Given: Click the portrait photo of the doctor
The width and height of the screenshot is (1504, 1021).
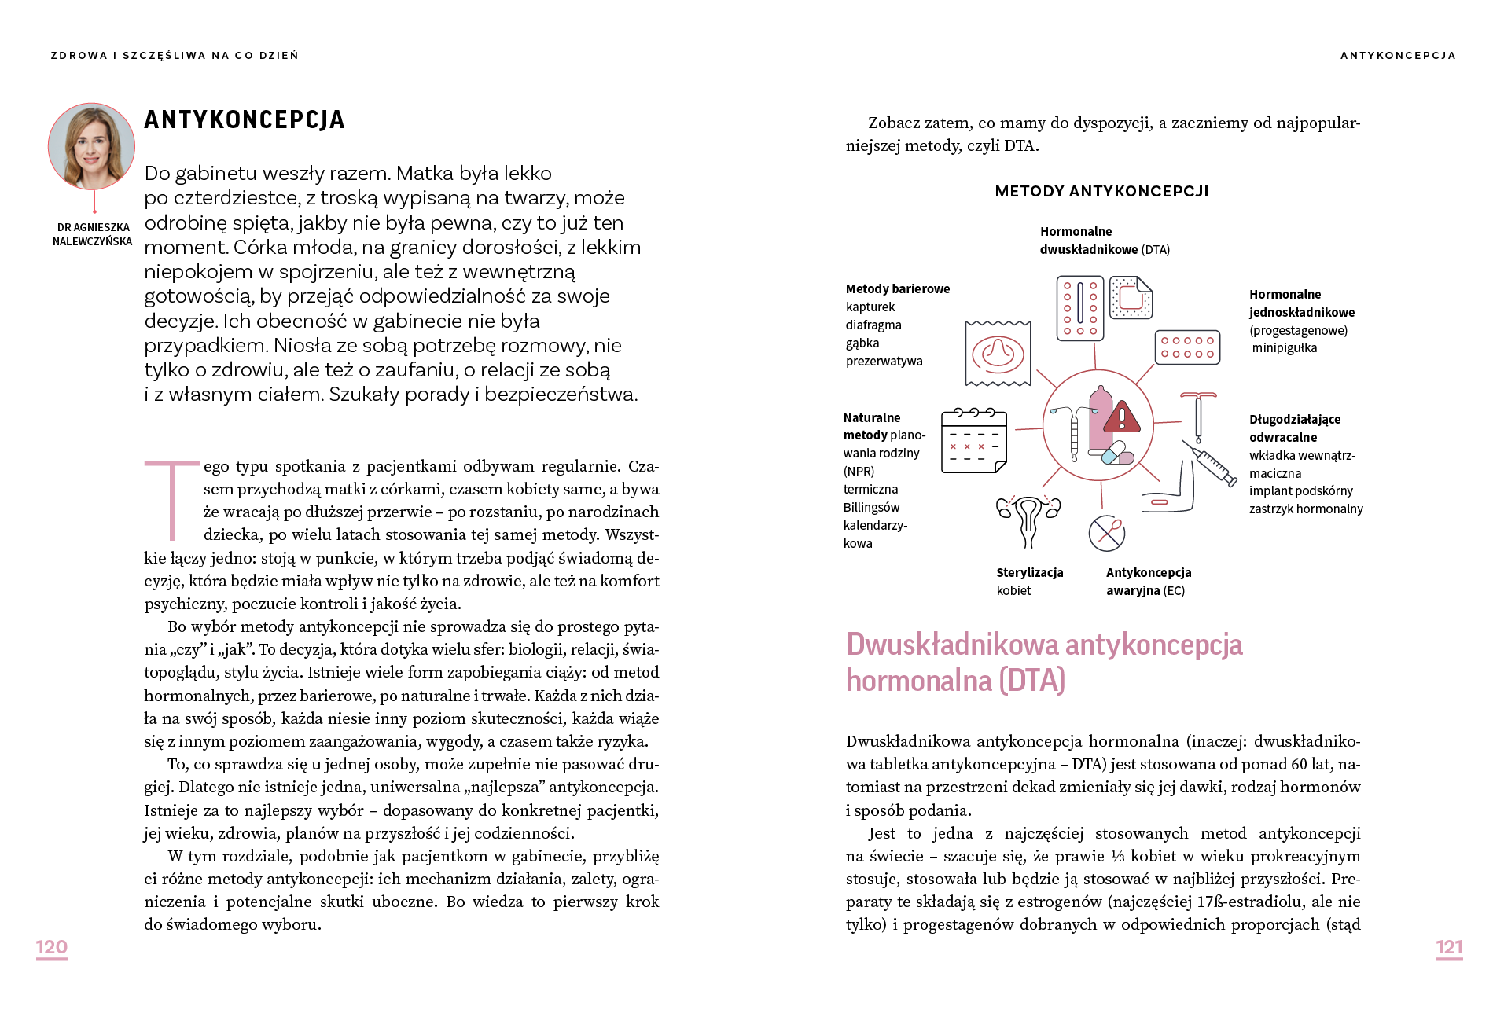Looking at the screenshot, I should [91, 146].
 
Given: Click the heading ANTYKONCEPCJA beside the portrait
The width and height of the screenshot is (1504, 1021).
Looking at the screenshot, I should [245, 119].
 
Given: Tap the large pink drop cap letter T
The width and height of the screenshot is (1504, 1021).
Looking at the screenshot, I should [171, 500].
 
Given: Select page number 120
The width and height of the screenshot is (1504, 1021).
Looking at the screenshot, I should [52, 947].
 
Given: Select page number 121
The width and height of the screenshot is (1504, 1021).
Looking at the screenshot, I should [1449, 947].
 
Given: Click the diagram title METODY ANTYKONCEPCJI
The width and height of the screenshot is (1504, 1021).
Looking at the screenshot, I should [1101, 191].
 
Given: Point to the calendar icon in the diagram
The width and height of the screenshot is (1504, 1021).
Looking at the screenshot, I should [974, 440].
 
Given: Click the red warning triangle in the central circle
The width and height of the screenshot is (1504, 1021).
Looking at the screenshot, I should [1122, 417].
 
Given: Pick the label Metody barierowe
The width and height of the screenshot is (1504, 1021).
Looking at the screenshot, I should [898, 289].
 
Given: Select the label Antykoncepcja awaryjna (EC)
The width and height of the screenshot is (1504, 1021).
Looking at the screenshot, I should [1148, 582].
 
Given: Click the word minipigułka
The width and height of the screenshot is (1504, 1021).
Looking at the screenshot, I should [1285, 348].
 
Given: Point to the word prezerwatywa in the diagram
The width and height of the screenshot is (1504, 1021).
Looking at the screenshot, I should [884, 362].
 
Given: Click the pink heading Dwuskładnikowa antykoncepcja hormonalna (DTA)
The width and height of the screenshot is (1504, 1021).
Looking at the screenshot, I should [1044, 662].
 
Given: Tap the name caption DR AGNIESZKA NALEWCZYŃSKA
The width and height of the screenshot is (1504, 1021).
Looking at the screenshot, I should [93, 234].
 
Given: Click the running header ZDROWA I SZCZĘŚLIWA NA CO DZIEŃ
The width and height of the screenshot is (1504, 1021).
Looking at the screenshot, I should [175, 56].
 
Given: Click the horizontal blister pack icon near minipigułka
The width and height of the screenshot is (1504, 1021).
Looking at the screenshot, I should [1187, 347].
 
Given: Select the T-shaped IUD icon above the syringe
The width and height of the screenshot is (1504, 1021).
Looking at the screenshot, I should [1198, 417].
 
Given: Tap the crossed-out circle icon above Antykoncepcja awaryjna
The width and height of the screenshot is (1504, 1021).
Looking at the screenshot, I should [1106, 533].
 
